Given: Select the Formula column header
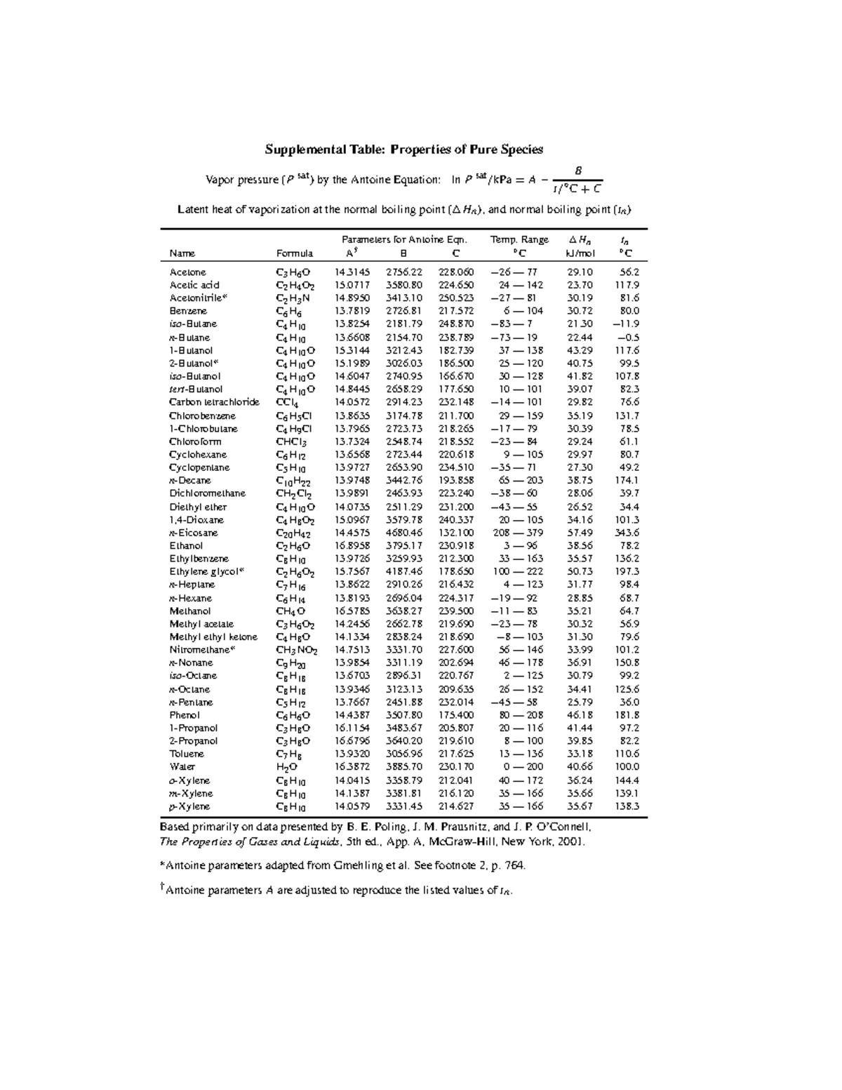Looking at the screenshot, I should click(x=295, y=253).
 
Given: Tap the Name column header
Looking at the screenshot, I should click(x=182, y=253).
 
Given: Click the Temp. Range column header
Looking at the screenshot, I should click(x=519, y=240).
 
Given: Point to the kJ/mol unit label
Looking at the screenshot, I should click(x=580, y=253).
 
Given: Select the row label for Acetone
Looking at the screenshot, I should click(x=187, y=272).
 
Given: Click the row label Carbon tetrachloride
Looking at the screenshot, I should click(x=214, y=402).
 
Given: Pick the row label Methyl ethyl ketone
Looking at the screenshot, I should click(x=213, y=637).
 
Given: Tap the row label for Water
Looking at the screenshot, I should click(x=182, y=767).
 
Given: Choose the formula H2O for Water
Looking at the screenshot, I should click(x=287, y=768).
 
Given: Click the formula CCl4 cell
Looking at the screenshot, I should click(x=287, y=403).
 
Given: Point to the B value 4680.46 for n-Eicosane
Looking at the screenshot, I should click(x=404, y=533).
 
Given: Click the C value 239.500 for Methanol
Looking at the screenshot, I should click(x=456, y=611).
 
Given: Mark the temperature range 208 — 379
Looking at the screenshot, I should click(x=519, y=533).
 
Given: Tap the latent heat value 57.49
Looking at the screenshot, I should click(x=580, y=533).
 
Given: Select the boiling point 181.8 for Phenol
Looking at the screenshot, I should click(x=627, y=715).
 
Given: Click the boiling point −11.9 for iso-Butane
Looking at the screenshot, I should click(x=625, y=324).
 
